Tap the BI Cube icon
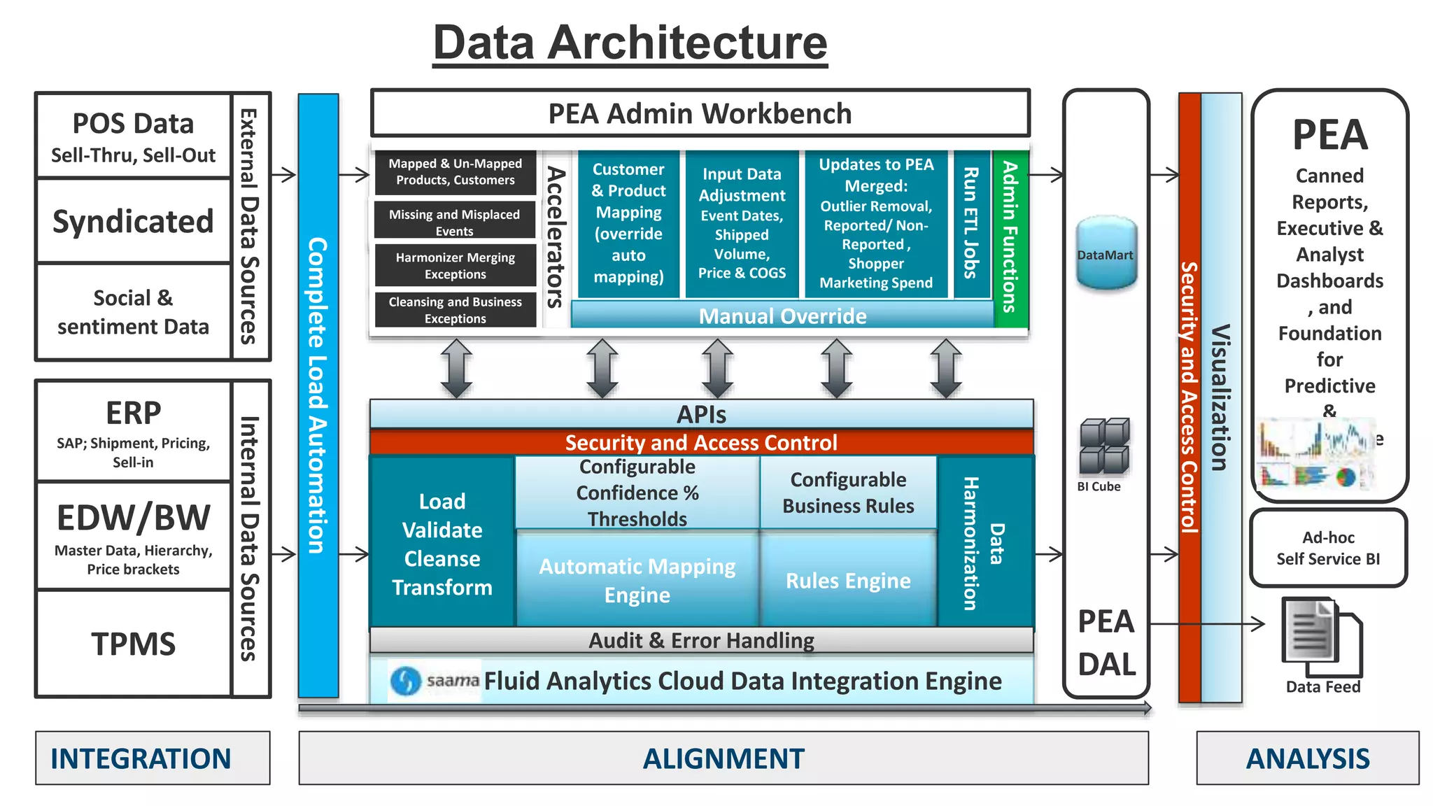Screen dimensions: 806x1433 click(1104, 446)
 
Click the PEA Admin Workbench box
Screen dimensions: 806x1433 click(700, 113)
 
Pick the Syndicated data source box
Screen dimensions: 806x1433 click(133, 221)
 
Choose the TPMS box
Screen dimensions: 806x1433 click(133, 644)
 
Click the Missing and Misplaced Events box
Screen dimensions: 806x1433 click(455, 222)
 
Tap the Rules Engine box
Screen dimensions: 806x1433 click(848, 580)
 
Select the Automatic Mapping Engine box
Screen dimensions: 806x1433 click(637, 580)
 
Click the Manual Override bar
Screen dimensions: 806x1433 click(782, 316)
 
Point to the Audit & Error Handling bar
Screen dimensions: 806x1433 click(701, 640)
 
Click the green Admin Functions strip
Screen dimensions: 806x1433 click(1010, 238)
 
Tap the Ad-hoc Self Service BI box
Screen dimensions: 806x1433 click(1328, 548)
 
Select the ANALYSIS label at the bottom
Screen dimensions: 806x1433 click(1307, 758)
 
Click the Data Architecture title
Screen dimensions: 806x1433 click(630, 43)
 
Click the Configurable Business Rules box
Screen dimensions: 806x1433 click(848, 493)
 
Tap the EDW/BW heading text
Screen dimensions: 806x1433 click(133, 518)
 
